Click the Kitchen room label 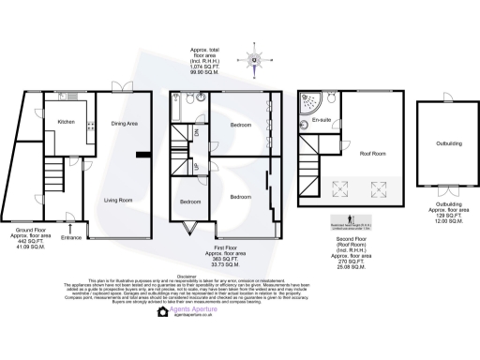pos(66,122)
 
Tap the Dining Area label pos(125,123)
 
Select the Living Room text pos(117,199)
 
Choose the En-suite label pos(323,122)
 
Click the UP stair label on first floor pos(195,157)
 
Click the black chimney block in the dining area pos(142,155)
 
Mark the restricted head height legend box pos(325,226)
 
